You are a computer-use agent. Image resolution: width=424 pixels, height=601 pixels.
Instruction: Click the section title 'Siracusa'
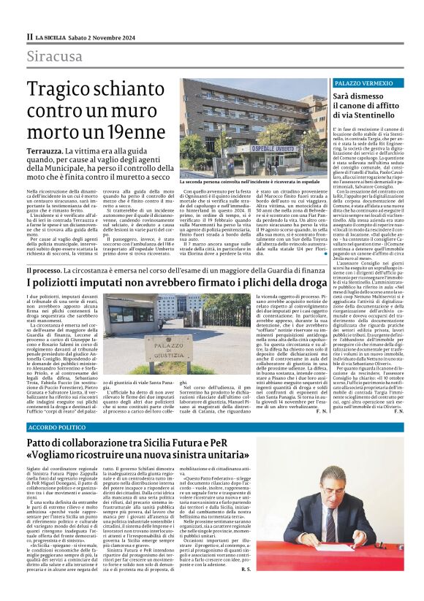click(55, 56)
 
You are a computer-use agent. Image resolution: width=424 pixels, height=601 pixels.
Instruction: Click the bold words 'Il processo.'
click(48, 270)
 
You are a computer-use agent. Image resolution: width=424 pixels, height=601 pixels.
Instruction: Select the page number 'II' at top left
click(29, 36)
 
